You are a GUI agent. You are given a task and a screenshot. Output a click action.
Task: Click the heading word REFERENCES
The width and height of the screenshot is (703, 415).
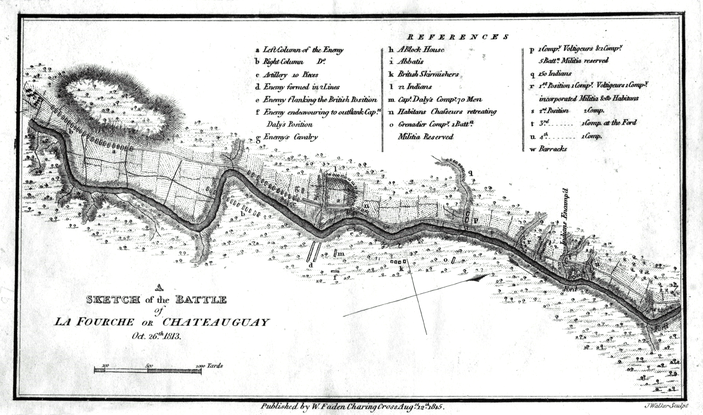pos(458,37)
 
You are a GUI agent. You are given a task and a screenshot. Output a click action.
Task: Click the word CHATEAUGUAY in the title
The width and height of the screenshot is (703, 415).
pos(216,322)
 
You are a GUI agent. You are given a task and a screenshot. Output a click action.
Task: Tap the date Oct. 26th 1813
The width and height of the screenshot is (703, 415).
pos(156,336)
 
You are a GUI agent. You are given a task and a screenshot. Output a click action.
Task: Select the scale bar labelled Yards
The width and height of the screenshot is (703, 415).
pos(148,371)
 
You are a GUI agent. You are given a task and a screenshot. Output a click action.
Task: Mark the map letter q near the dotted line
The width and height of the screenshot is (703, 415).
pos(471,173)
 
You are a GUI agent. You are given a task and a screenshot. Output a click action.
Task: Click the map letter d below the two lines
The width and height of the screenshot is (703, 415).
pos(311,265)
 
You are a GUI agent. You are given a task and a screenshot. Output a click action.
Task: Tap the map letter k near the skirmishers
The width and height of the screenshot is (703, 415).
pos(401,269)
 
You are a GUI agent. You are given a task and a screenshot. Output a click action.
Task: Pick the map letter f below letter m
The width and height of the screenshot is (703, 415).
pos(335,277)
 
